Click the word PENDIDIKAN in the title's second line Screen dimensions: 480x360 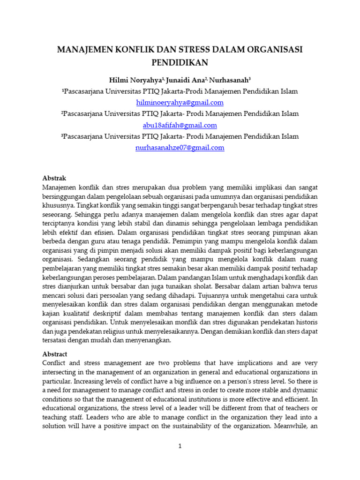click(180, 62)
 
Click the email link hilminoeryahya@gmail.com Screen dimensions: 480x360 click(180, 102)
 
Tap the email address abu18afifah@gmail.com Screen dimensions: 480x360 click(180, 125)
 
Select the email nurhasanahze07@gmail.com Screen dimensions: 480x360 click(180, 148)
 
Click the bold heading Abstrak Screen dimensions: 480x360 click(54, 178)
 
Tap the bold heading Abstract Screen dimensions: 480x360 click(55, 354)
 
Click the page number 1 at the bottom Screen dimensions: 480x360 click(180, 446)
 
